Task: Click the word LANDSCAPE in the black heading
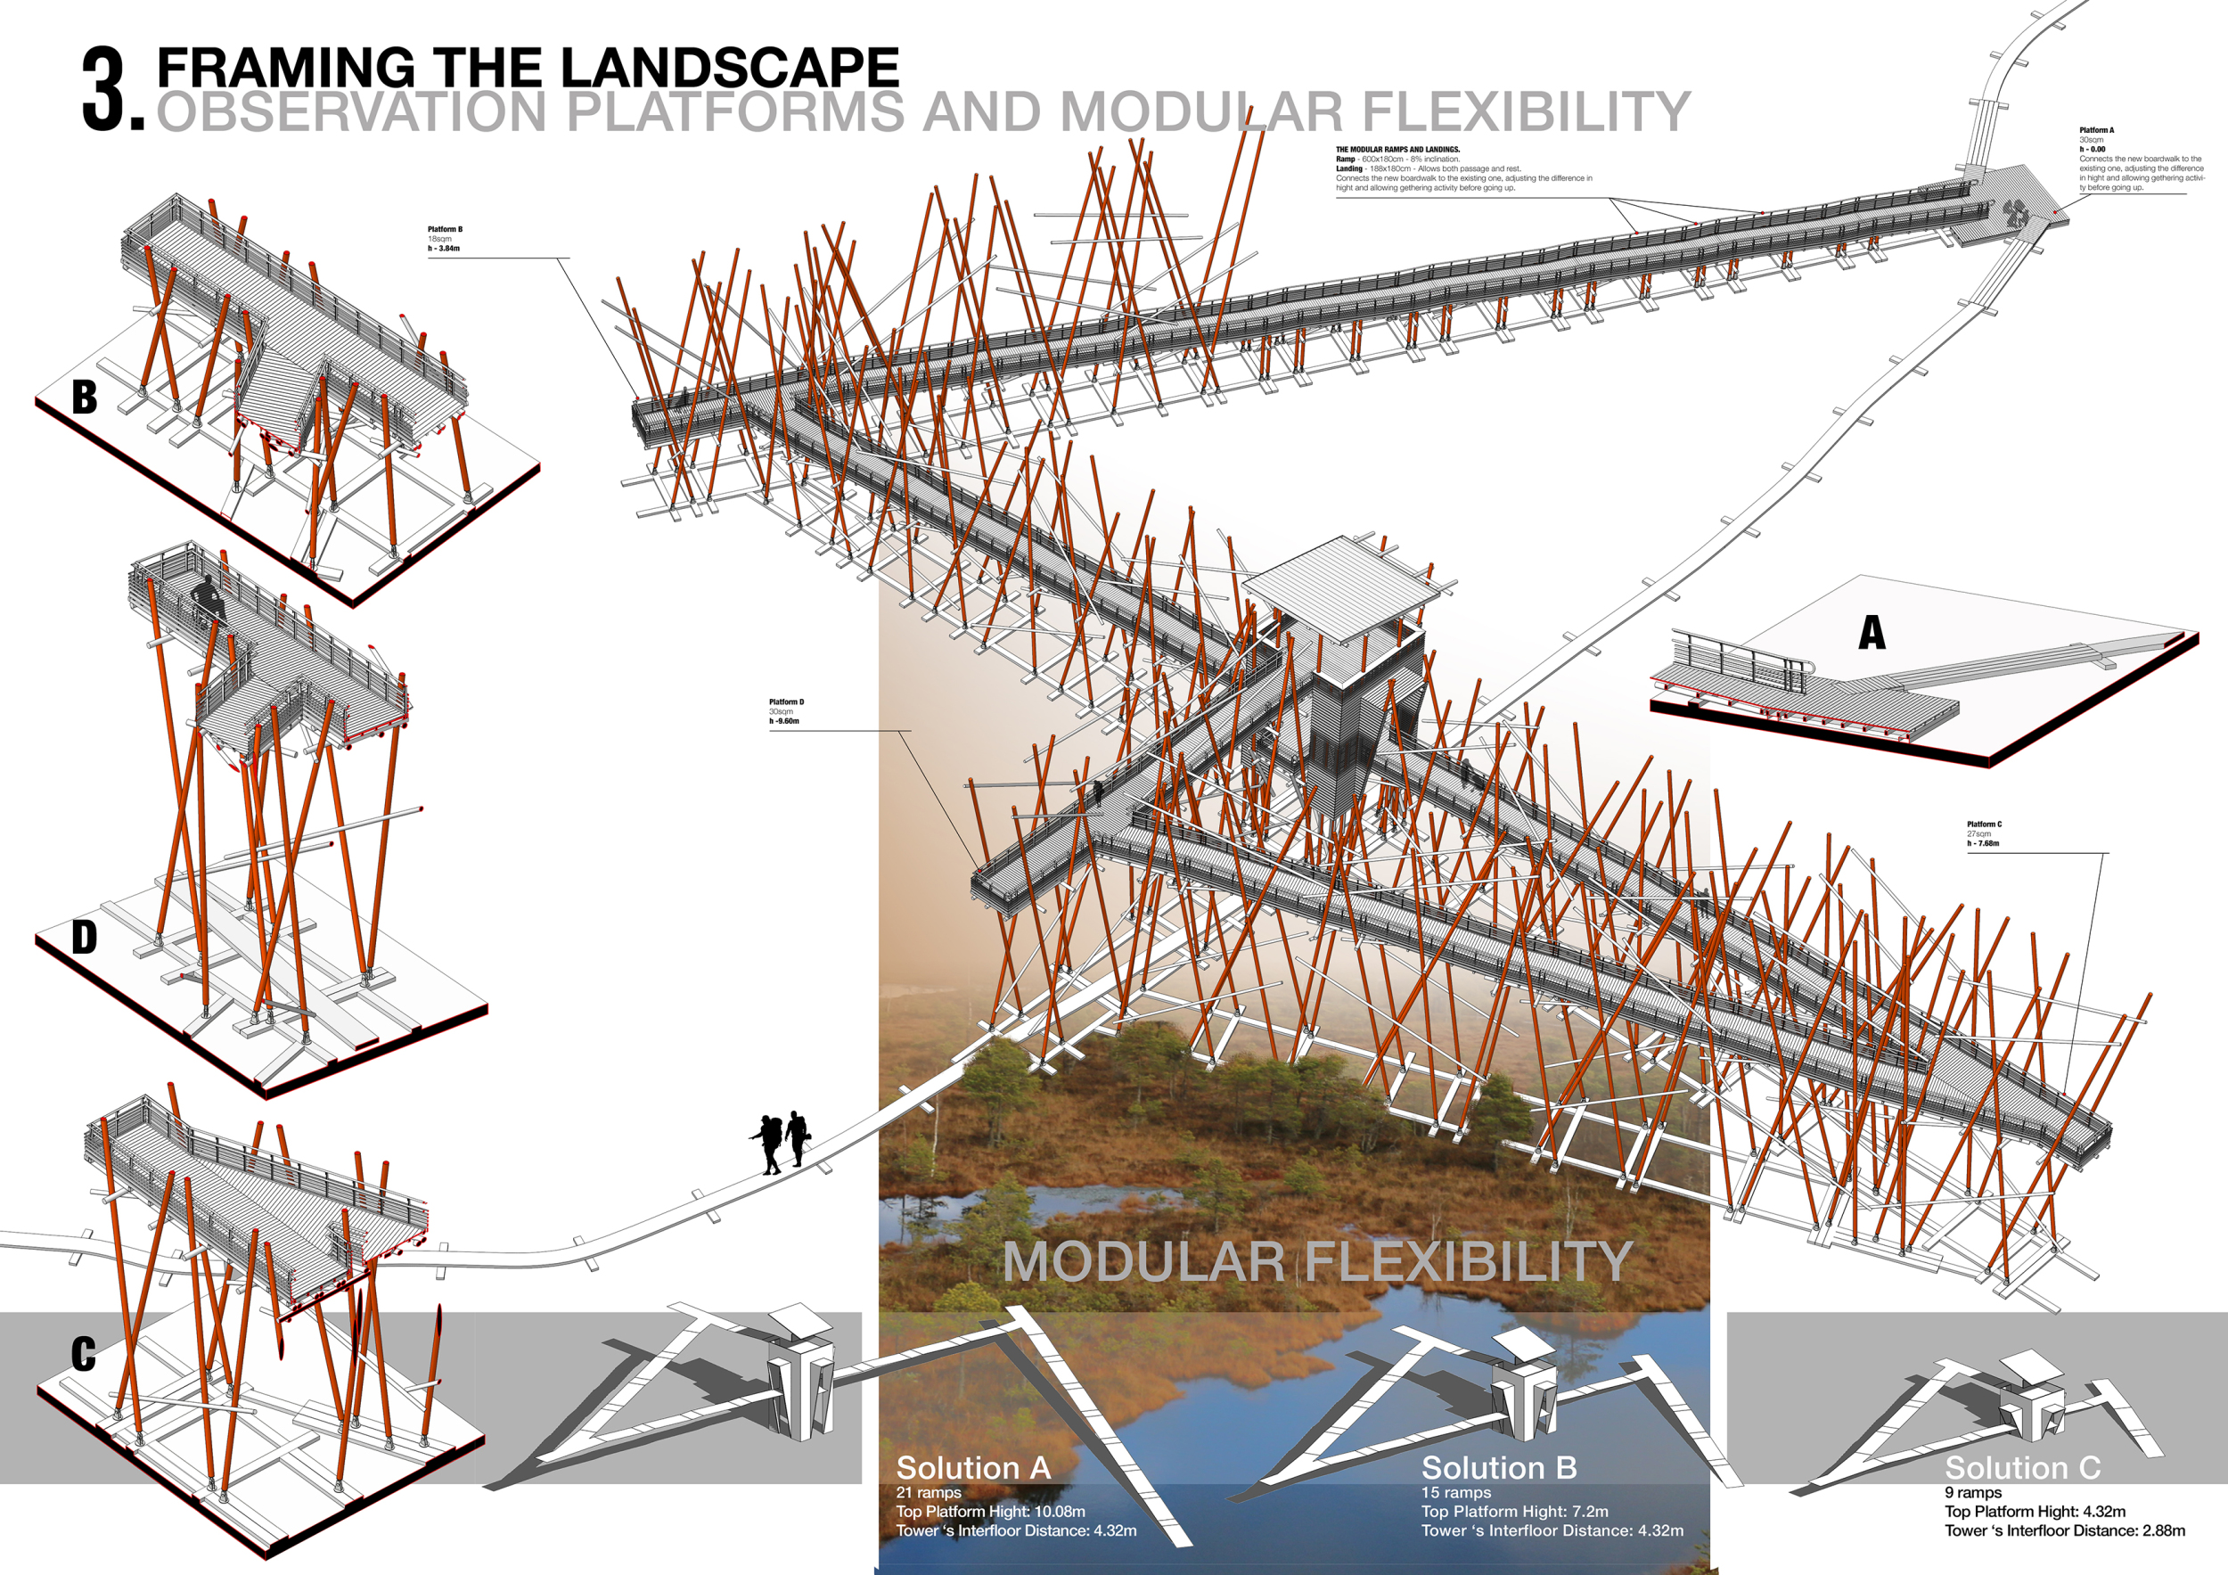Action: tap(730, 68)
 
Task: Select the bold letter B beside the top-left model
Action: tap(85, 397)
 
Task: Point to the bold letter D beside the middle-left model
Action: tap(85, 938)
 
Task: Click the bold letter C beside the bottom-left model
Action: tap(84, 1355)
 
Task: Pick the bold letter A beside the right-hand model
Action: tap(1872, 634)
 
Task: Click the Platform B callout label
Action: tap(446, 230)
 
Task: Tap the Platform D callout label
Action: tap(786, 701)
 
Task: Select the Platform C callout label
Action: tap(1985, 824)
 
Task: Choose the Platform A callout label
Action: tap(2096, 130)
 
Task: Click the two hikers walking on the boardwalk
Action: tap(782, 1141)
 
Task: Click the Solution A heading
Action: tap(973, 1468)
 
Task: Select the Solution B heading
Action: tap(1499, 1468)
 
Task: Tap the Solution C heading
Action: tap(2022, 1468)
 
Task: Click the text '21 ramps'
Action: tap(929, 1492)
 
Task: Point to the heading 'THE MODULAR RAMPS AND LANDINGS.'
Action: tap(1397, 151)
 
